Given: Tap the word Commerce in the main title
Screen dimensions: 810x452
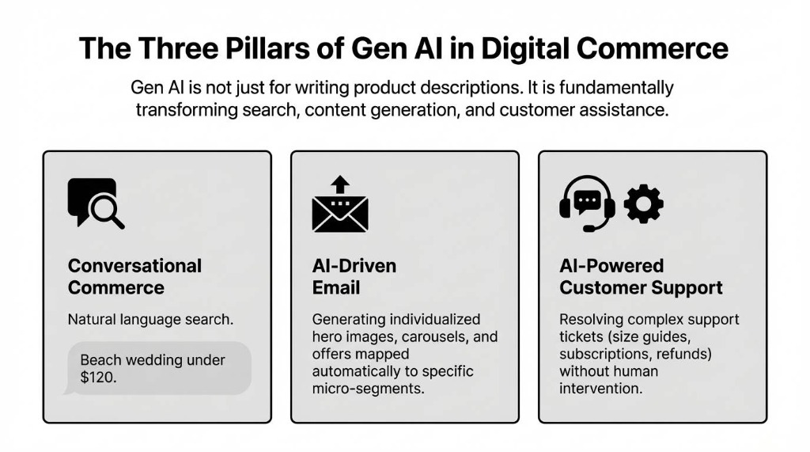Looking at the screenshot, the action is (653, 48).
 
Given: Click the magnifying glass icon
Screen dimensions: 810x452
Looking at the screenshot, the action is (107, 211).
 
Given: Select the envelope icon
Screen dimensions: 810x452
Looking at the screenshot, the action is (340, 214).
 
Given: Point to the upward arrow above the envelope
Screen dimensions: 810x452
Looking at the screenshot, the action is (340, 184).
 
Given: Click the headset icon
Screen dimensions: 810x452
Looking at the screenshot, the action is (587, 203).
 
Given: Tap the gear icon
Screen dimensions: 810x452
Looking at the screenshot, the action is (643, 203).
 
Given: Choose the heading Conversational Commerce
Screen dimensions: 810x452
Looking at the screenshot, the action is (134, 277).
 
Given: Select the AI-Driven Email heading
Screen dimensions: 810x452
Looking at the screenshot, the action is (354, 277).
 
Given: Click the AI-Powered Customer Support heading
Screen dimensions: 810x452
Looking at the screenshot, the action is (641, 277).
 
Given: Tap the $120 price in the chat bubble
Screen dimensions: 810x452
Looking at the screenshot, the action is (97, 377).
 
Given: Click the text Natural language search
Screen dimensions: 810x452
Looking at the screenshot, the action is (150, 320).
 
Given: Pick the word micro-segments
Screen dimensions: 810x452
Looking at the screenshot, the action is (368, 389).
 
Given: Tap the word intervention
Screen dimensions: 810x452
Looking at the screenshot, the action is (600, 389).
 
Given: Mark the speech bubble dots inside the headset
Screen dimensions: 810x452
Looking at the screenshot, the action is (587, 199).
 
